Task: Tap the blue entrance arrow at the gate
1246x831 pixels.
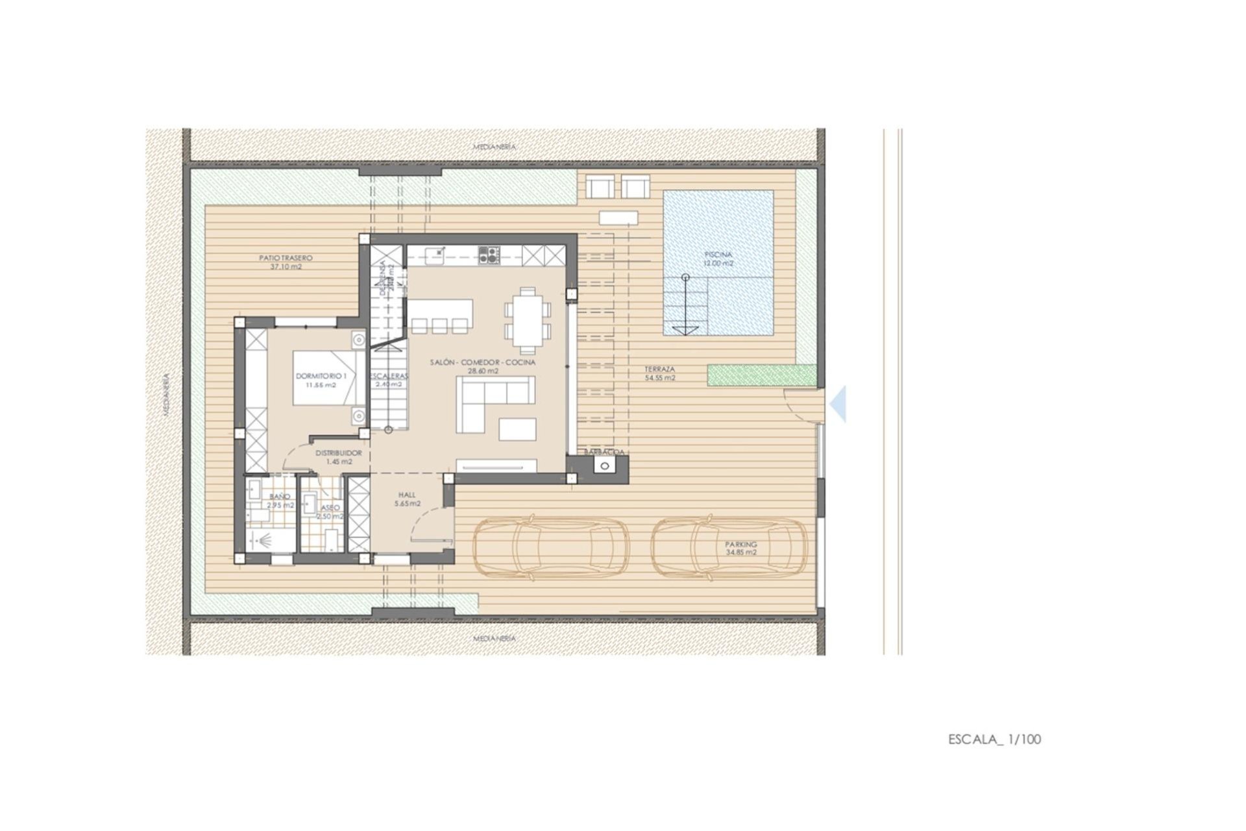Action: pyautogui.click(x=838, y=404)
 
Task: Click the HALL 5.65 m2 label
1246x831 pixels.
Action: pyautogui.click(x=407, y=499)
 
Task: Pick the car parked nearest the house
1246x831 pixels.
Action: pyautogui.click(x=550, y=547)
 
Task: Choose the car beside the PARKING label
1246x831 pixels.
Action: pyautogui.click(x=729, y=547)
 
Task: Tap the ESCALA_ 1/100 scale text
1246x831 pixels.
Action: pyautogui.click(x=994, y=739)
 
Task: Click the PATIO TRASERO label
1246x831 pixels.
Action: pyautogui.click(x=286, y=262)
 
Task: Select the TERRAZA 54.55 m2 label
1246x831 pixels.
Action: pyautogui.click(x=659, y=373)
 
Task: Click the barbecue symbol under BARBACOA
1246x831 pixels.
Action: pyautogui.click(x=605, y=465)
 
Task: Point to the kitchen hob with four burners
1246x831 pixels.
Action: pyautogui.click(x=489, y=254)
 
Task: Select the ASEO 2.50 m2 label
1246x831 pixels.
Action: pyautogui.click(x=329, y=512)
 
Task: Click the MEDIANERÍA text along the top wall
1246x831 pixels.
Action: pyautogui.click(x=495, y=147)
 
